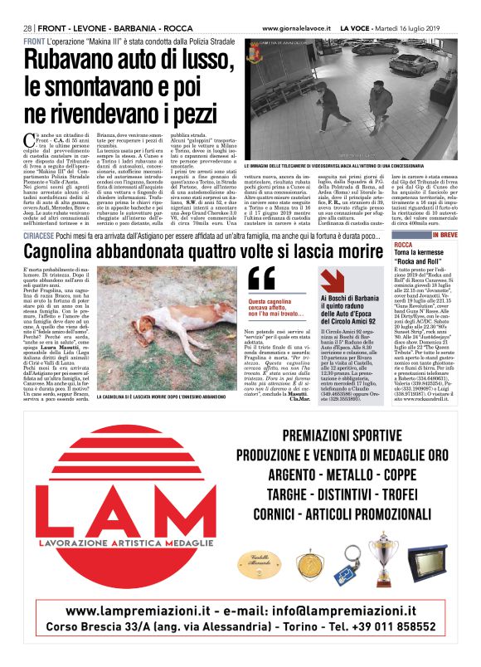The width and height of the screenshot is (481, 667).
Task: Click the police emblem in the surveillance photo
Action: pos(254,53)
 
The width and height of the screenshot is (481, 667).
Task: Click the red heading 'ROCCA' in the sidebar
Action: pos(404,246)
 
